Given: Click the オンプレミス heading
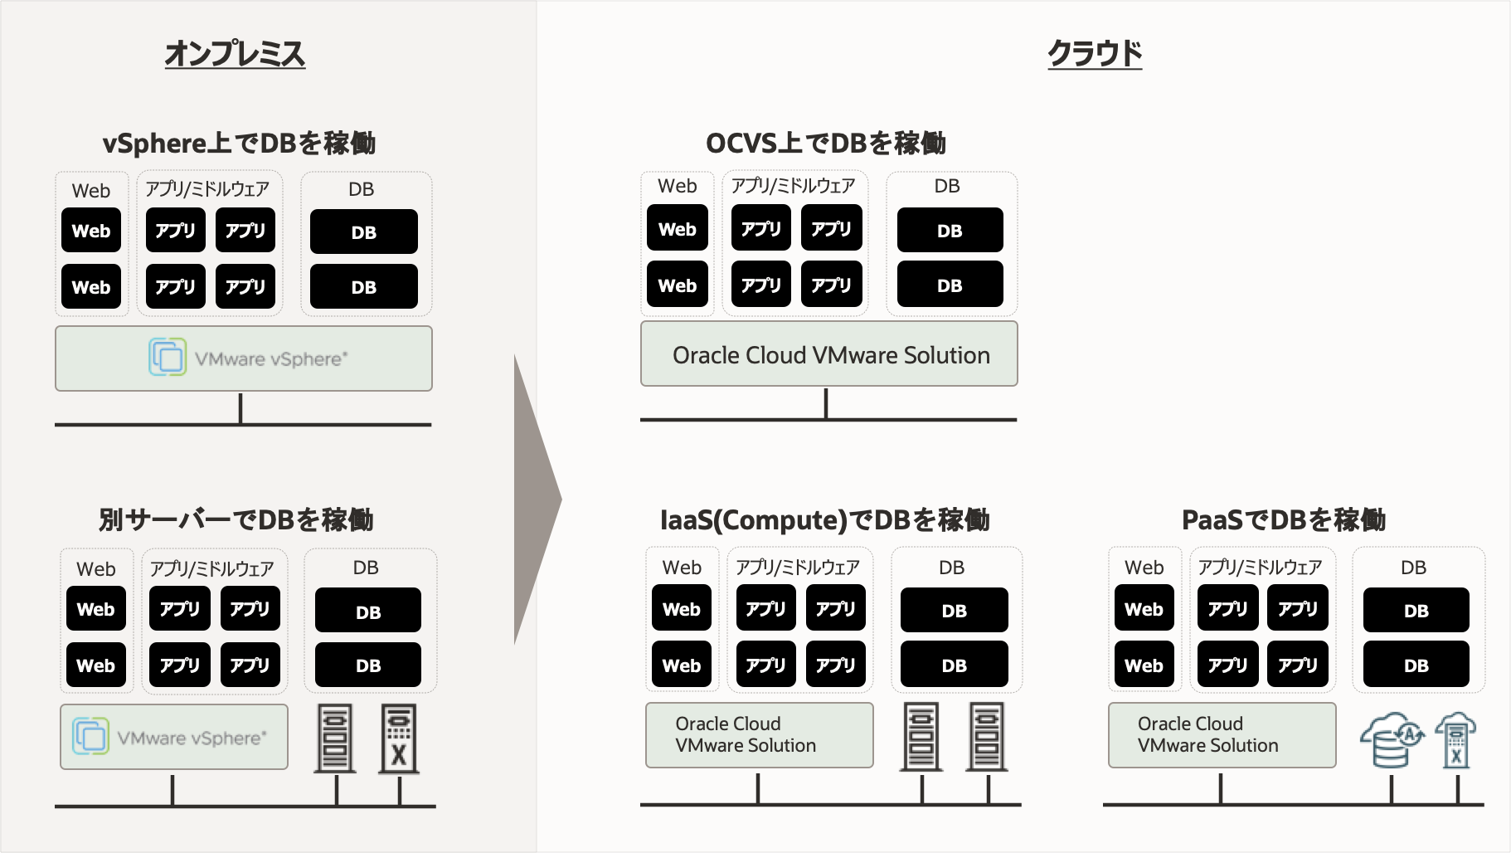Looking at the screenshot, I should click(235, 54).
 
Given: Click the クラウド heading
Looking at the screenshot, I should click(1095, 54).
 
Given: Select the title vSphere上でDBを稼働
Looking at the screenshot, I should click(239, 144).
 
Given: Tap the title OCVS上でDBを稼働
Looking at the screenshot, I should click(825, 144).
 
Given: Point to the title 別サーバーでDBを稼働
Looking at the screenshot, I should click(236, 520).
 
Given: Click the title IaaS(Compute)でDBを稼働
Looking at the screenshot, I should click(824, 520).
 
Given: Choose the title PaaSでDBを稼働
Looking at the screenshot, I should click(1283, 520).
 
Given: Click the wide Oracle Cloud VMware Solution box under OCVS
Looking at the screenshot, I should click(829, 354).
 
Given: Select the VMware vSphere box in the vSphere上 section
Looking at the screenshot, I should click(244, 358).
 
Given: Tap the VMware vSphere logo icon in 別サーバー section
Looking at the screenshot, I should click(90, 736).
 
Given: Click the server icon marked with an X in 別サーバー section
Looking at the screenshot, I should click(399, 738).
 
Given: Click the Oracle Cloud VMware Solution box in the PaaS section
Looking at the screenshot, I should click(1222, 735).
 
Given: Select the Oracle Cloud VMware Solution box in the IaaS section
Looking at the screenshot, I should click(759, 735).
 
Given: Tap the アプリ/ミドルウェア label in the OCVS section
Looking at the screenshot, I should click(793, 186).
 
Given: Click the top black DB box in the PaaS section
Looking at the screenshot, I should click(1416, 611).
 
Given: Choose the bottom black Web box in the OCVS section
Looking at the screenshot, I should click(678, 285).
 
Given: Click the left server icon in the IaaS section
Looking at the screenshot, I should click(921, 737).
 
